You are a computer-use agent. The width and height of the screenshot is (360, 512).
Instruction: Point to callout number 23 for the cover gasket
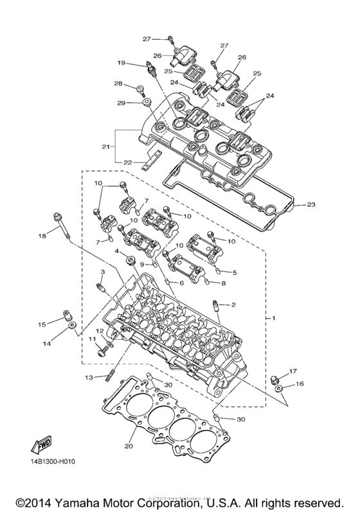tap(311, 206)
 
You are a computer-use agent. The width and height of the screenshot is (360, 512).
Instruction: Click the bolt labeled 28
tap(138, 89)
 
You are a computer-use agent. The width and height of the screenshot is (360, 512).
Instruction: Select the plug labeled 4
tap(132, 261)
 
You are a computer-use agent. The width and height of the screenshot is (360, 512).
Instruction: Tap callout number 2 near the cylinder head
tap(234, 304)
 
